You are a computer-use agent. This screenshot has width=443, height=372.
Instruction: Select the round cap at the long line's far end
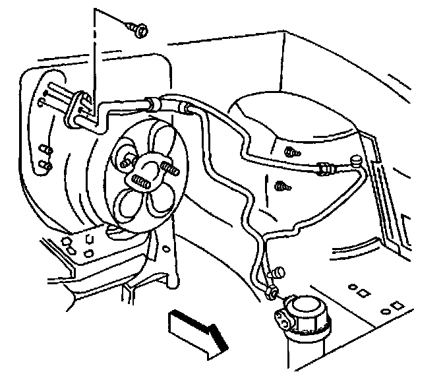pyautogui.click(x=356, y=159)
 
